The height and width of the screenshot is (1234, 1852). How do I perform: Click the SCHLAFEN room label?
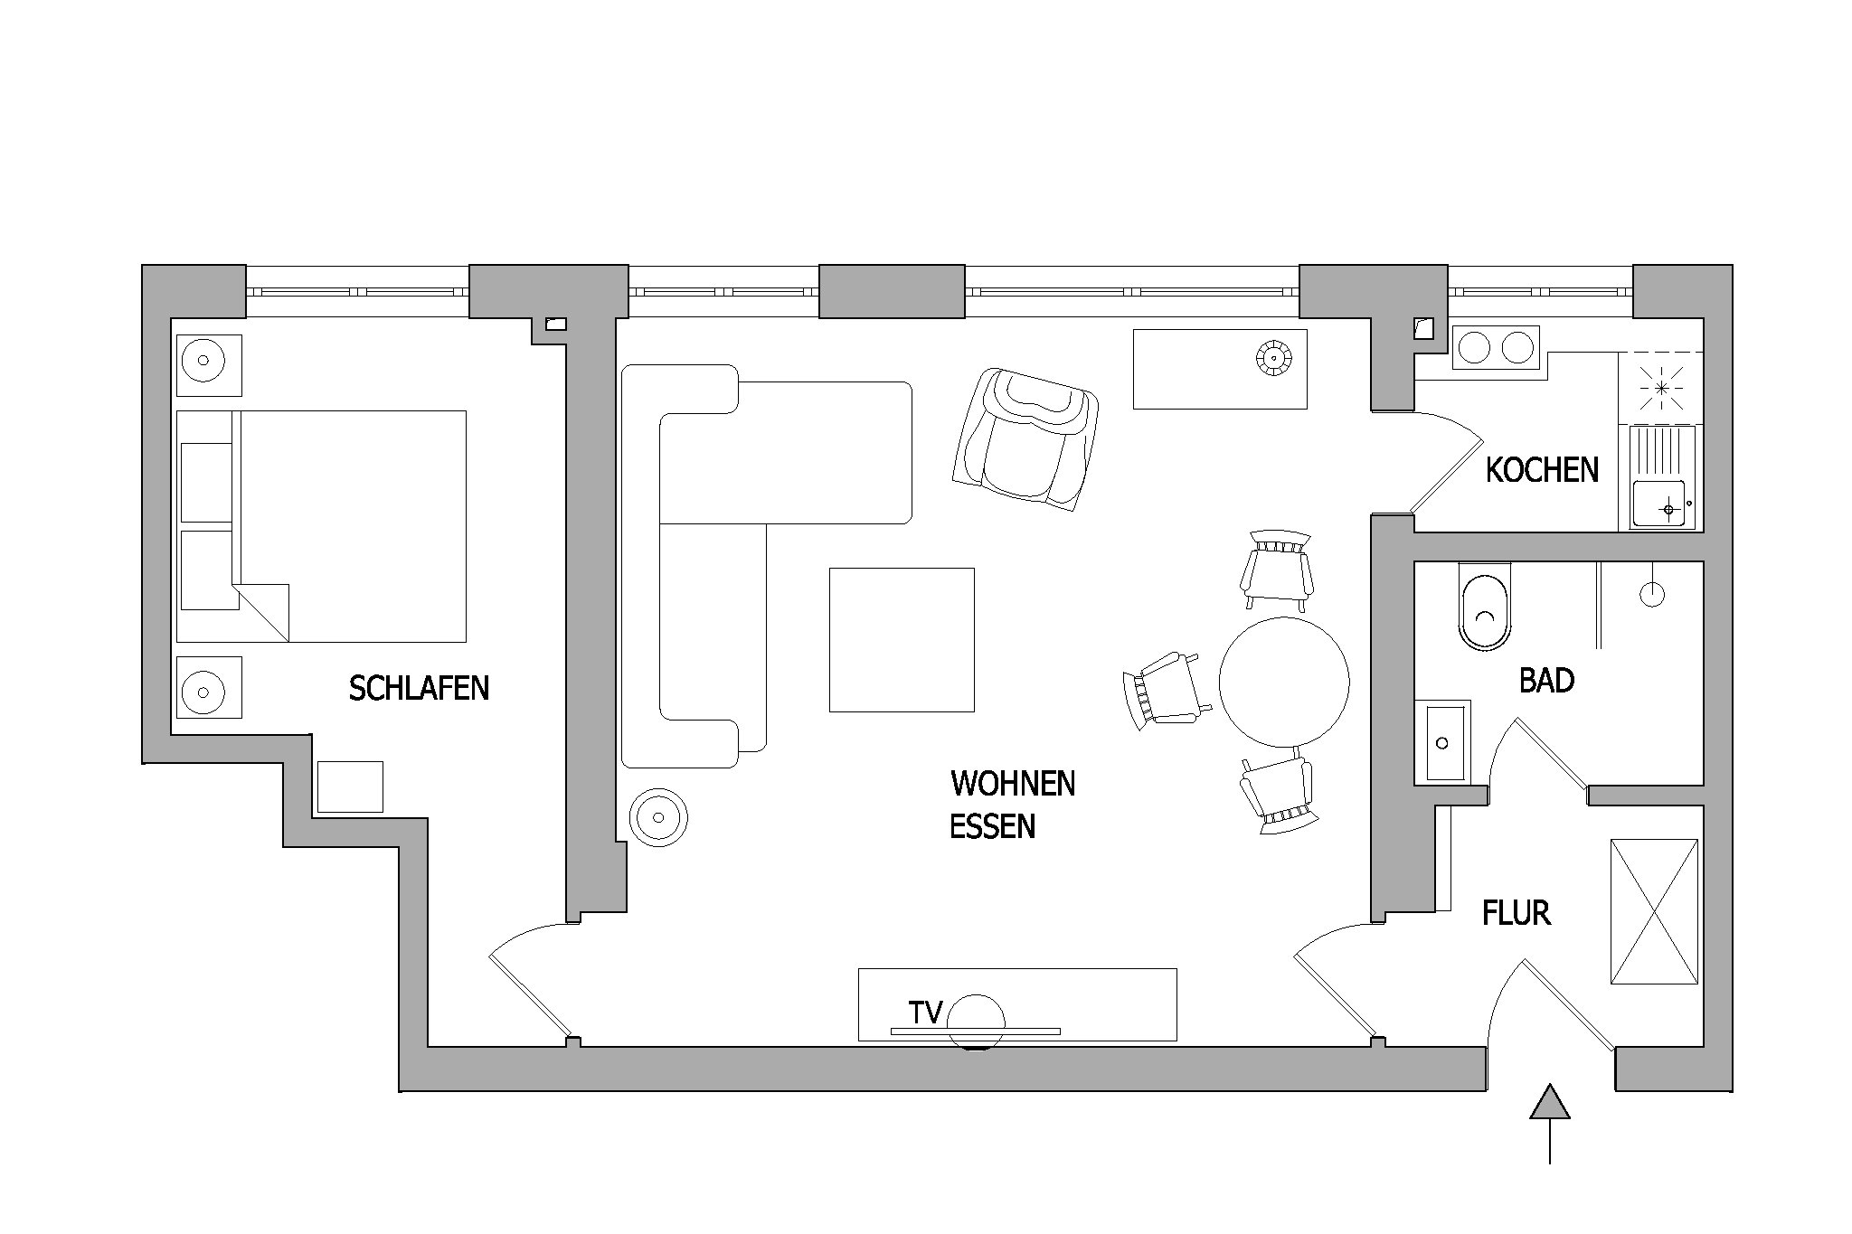coord(419,689)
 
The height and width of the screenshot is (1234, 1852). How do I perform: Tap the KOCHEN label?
coord(1542,470)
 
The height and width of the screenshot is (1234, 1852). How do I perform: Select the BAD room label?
coord(1546,680)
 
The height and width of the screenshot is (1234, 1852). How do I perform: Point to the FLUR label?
coord(1517,913)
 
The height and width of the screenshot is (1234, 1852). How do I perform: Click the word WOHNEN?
coord(1013,784)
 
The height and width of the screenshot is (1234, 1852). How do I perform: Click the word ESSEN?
coord(992,826)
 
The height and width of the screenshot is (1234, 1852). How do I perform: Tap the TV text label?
coord(926,1013)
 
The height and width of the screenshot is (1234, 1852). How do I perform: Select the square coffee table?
coord(902,640)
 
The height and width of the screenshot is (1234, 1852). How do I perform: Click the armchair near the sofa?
coord(1025,440)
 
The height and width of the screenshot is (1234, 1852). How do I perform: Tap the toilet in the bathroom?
coord(1485,606)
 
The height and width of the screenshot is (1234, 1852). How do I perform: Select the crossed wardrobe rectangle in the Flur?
coord(1654,911)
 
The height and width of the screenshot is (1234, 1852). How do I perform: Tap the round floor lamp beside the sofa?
coord(658,817)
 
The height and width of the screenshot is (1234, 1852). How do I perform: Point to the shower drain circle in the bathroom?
coord(1652,595)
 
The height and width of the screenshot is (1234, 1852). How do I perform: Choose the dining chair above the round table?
coord(1278,570)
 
